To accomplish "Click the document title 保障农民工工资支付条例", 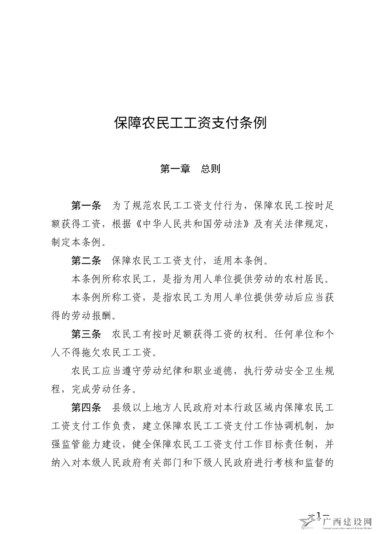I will pyautogui.click(x=190, y=123).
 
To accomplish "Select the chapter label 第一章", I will pyautogui.click(x=175, y=169).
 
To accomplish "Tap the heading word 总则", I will pyautogui.click(x=211, y=169).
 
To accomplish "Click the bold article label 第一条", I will pyautogui.click(x=86, y=206).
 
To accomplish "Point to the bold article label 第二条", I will pyautogui.click(x=86, y=261).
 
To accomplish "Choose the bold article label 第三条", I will pyautogui.click(x=86, y=334).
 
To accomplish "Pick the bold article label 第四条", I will pyautogui.click(x=86, y=408).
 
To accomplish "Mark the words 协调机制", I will pyautogui.click(x=294, y=426).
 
